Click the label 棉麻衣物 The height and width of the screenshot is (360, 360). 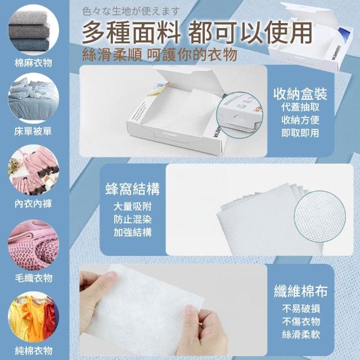(33, 63)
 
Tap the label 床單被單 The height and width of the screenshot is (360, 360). (33, 131)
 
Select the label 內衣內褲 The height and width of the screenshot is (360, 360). (33, 204)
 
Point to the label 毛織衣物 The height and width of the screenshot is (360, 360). (34, 278)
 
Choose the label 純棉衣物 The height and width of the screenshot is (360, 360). (34, 350)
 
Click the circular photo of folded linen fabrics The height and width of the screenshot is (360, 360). (33, 30)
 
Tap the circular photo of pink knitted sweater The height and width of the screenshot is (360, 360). (33, 245)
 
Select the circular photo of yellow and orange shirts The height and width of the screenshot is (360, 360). (33, 317)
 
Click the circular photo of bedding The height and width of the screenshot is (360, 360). (33, 98)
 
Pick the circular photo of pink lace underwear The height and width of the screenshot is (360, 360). (33, 170)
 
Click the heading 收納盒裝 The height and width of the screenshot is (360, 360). (300, 94)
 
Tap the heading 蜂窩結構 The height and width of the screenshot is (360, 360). (133, 189)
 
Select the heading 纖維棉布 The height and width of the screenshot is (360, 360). (301, 291)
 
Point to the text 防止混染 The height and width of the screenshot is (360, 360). (133, 219)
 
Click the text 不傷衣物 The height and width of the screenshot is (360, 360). (301, 321)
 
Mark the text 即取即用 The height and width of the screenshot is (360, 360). (300, 133)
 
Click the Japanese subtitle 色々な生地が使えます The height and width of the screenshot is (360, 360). (130, 11)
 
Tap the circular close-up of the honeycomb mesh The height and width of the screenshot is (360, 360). (320, 216)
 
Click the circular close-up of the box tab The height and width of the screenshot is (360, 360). (240, 115)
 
